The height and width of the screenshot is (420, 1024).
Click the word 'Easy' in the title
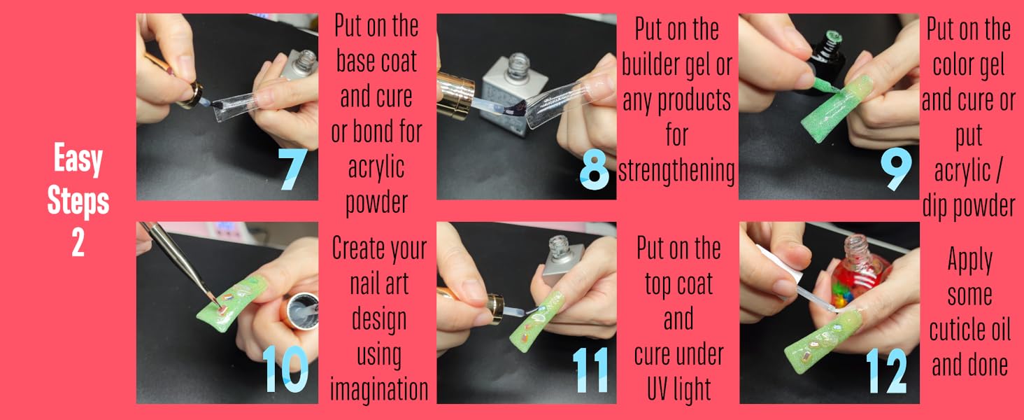coord(78,160)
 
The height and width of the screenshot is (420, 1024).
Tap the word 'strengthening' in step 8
coord(676,170)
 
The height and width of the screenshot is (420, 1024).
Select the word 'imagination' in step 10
coord(379,388)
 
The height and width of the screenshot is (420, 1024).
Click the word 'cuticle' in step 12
coord(969,330)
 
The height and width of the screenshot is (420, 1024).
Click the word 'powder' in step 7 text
coord(377,202)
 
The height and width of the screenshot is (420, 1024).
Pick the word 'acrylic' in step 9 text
coord(962,170)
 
